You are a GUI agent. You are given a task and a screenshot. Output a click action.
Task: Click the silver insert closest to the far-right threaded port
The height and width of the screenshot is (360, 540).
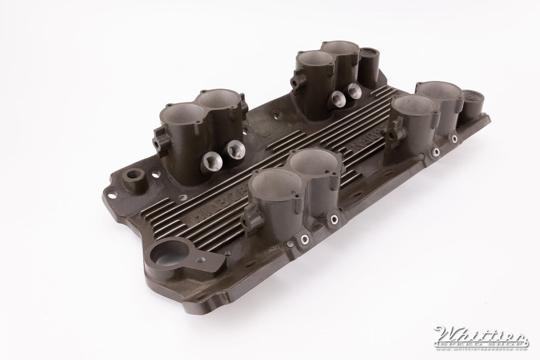click(455, 138)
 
